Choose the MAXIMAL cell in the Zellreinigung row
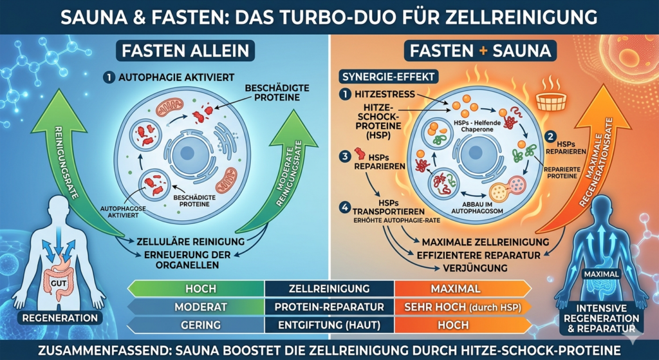coord(461,289)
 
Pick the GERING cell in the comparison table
coord(200,325)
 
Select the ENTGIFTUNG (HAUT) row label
coord(329,325)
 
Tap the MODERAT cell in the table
coord(200,307)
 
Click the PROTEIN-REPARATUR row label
coord(329,307)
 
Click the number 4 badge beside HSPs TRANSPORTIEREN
coord(345,208)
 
